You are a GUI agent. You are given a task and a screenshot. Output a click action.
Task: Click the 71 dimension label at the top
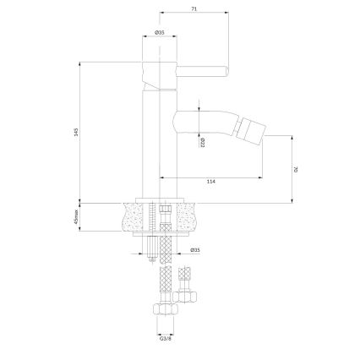[x=194, y=8]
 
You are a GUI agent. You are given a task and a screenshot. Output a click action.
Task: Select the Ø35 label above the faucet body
[x=159, y=33]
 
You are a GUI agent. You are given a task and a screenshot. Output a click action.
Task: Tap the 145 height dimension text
[x=76, y=132]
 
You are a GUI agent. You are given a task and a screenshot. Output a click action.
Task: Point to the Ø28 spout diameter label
[x=205, y=143]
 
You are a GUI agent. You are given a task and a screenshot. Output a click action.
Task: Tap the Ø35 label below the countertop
[x=195, y=249]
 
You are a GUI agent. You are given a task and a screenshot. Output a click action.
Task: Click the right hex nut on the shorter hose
[x=186, y=298]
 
